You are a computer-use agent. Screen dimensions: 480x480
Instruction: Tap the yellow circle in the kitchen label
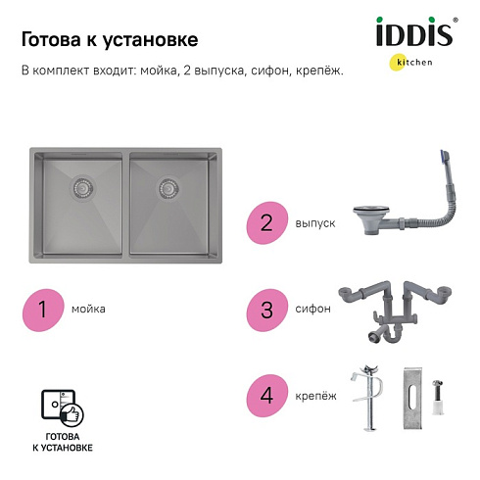(399, 62)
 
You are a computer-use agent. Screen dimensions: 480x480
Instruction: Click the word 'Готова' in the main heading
(51, 39)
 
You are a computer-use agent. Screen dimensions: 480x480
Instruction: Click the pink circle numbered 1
(43, 310)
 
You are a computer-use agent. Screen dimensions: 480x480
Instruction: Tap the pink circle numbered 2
(266, 223)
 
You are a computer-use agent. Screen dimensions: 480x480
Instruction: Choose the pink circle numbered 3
(266, 310)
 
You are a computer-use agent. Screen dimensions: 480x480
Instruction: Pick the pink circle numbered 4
(266, 396)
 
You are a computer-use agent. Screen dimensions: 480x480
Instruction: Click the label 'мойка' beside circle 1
(88, 309)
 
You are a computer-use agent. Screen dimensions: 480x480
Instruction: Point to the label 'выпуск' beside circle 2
(315, 223)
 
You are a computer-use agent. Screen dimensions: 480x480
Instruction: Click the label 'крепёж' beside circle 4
(315, 396)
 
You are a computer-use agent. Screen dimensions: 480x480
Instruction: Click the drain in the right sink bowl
(168, 188)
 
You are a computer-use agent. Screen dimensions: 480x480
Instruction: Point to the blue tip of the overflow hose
(443, 156)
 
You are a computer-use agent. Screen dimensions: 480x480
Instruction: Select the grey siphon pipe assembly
(395, 311)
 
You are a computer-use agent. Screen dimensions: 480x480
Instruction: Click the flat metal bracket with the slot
(412, 398)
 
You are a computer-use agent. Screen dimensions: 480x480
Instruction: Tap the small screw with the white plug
(438, 397)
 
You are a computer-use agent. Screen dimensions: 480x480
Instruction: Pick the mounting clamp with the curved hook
(368, 398)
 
